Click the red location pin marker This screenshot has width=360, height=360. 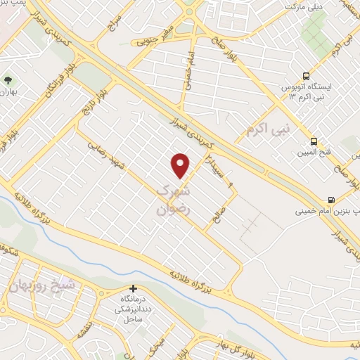(x=181, y=165)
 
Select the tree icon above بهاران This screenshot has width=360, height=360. (x=8, y=81)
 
